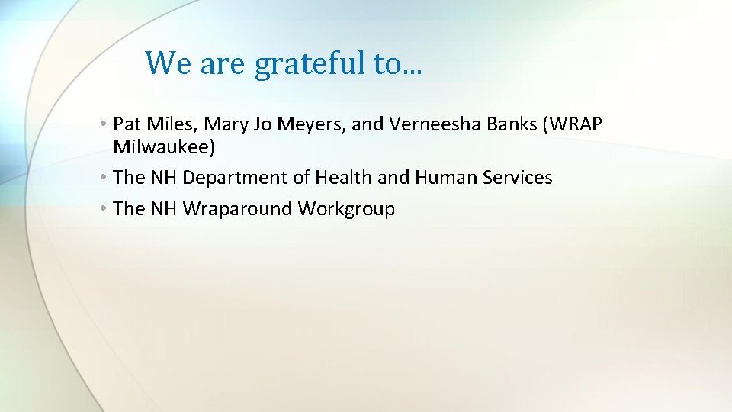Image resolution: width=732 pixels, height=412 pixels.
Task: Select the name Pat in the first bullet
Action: [x=126, y=124]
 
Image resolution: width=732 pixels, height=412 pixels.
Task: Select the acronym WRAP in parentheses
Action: [x=576, y=124]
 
